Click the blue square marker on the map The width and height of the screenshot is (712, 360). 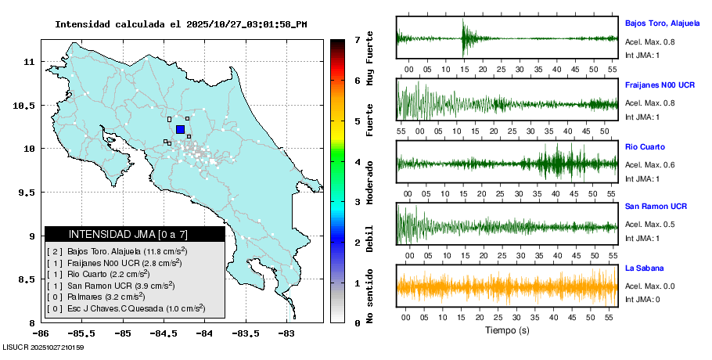180,129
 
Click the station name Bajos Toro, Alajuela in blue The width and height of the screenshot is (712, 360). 662,23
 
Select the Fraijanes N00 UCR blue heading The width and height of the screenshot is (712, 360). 660,85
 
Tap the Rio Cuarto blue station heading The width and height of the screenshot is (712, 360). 645,146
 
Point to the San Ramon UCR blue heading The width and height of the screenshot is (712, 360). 656,207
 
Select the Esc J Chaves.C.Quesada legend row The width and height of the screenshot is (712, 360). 125,308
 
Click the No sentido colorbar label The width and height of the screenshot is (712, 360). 370,296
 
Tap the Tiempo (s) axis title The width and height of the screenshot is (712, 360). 507,330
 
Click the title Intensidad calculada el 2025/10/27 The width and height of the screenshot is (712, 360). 181,24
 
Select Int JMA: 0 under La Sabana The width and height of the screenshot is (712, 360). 643,300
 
